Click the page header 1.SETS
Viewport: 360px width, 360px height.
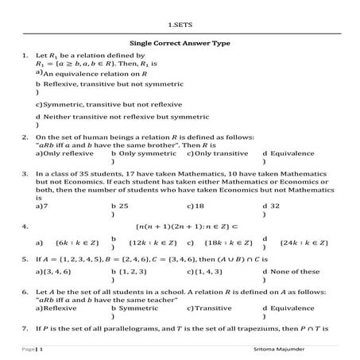point(180,25)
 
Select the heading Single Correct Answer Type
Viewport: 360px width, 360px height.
point(180,46)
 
